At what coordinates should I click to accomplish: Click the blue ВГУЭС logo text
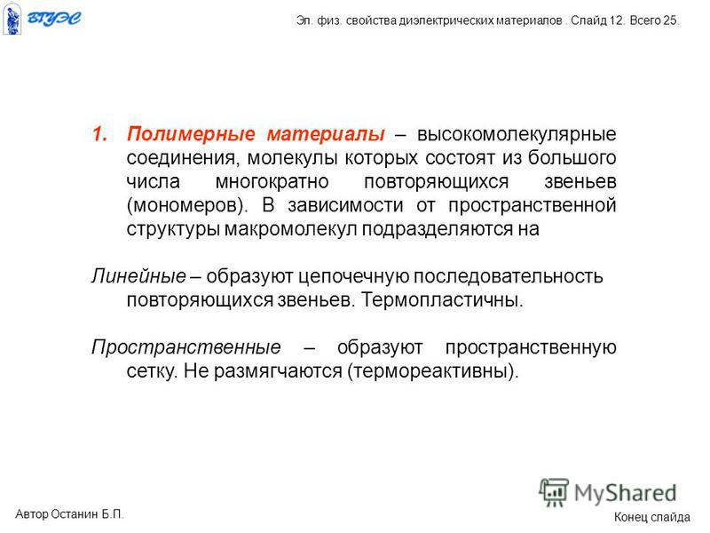click(x=54, y=18)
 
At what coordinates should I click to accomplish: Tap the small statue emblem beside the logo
click(x=12, y=18)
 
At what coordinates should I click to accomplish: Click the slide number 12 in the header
click(x=617, y=20)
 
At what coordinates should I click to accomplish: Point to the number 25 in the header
click(x=671, y=20)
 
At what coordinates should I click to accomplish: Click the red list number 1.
click(x=99, y=134)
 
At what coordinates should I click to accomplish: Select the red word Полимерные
click(x=191, y=134)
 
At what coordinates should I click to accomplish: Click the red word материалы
click(x=326, y=134)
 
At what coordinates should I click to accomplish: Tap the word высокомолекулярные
click(x=517, y=135)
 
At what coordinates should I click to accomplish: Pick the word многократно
click(x=272, y=182)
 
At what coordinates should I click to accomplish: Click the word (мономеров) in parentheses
click(x=186, y=206)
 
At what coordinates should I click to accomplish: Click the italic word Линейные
click(x=138, y=276)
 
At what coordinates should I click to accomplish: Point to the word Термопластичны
click(x=442, y=300)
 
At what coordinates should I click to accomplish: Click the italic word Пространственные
click(x=186, y=347)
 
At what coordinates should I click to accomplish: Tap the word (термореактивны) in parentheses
click(x=432, y=371)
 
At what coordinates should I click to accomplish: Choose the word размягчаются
click(x=278, y=371)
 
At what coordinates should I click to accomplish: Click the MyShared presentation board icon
click(x=554, y=492)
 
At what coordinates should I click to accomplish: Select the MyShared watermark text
click(x=625, y=493)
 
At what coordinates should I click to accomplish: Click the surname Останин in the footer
click(x=75, y=514)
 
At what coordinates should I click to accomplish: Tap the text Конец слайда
click(x=652, y=517)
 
